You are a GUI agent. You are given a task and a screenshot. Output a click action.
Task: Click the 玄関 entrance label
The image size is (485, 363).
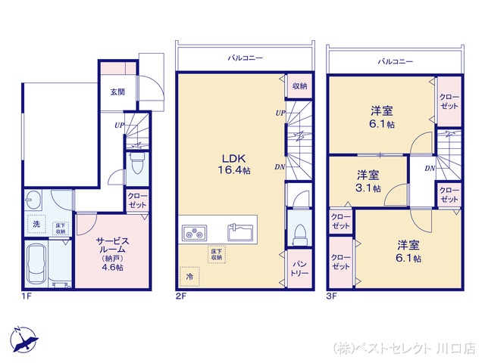(117, 92)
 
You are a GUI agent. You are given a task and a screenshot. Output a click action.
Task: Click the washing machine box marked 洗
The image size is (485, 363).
(36, 224)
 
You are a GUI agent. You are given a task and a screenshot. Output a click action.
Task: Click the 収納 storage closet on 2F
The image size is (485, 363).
(299, 86)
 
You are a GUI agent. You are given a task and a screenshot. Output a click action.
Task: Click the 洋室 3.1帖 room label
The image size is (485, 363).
(370, 182)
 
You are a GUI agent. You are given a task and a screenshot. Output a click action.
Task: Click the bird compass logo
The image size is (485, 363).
(23, 338)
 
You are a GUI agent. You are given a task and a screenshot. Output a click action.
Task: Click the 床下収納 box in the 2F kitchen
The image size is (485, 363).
(216, 253)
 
